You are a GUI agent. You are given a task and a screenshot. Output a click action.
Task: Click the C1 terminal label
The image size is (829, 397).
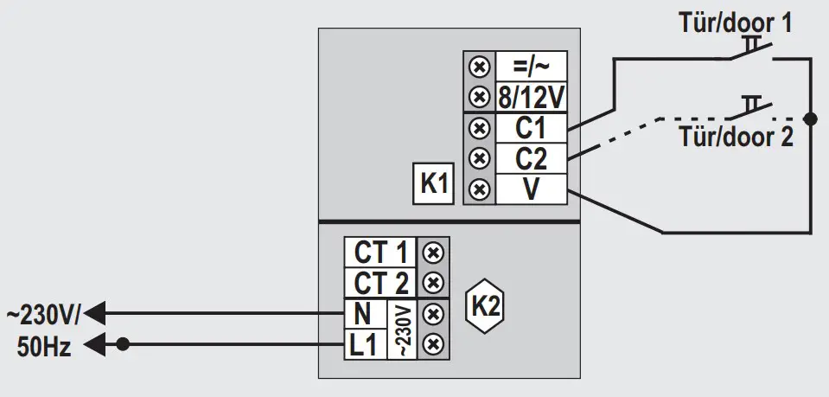[531, 128]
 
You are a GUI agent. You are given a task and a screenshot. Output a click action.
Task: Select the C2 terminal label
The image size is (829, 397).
[531, 158]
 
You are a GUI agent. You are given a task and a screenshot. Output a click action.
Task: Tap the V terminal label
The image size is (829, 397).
[531, 189]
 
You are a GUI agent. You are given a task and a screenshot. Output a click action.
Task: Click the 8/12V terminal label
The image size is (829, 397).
[531, 95]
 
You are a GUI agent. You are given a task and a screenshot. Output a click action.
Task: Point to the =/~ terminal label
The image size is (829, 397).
[531, 65]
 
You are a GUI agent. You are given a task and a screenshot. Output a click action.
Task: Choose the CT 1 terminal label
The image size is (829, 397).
[380, 253]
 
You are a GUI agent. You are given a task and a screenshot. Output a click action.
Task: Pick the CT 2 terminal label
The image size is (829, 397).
[380, 283]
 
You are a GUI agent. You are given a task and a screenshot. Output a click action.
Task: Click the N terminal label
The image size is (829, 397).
[362, 312]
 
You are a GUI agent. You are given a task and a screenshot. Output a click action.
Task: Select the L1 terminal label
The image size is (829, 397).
[363, 343]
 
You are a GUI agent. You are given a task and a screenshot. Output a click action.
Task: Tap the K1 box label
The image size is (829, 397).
[433, 184]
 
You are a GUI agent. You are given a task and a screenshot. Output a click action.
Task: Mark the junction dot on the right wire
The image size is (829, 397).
[810, 118]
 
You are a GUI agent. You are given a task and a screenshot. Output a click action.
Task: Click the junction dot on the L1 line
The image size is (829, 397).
[123, 344]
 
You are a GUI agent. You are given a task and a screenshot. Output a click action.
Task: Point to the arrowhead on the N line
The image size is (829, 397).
[94, 311]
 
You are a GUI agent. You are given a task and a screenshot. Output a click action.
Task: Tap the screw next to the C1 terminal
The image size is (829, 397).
[476, 128]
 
